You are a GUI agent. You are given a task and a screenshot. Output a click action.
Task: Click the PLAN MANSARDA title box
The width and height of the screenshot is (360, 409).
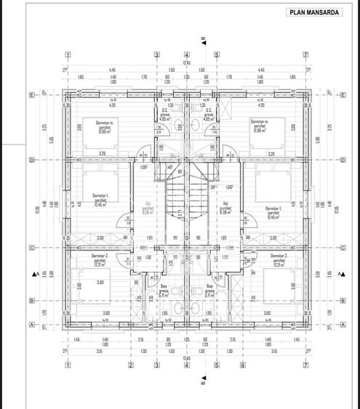pos(313,12)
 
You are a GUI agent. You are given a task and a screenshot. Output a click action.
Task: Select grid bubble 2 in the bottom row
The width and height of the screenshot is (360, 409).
pos(131,365)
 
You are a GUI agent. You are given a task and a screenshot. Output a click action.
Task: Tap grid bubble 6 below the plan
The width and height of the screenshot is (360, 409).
pos(242,365)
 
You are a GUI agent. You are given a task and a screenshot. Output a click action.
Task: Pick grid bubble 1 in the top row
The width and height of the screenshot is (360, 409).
pos(68,54)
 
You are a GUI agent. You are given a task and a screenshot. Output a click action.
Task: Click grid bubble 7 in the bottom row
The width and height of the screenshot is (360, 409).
pos(305,365)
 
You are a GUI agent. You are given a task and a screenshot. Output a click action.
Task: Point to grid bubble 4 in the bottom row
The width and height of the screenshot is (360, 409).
pos(186,365)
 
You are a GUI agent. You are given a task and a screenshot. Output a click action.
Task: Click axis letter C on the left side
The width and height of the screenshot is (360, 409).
pos(32,248)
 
